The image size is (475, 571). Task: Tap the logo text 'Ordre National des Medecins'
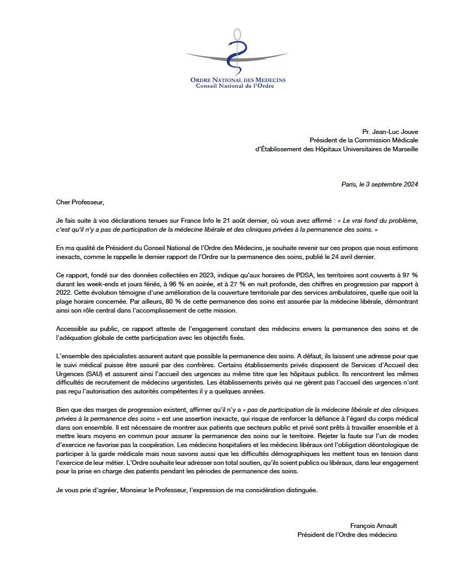238,79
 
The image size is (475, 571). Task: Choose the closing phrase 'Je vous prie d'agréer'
88,490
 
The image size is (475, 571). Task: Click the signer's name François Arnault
373,526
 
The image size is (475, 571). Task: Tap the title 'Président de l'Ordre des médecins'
347,535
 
